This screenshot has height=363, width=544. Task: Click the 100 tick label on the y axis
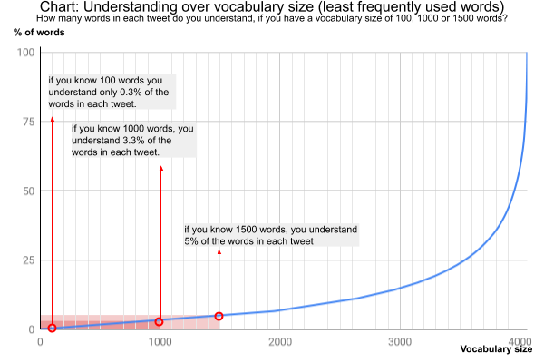25,53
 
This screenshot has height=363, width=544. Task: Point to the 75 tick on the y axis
28,122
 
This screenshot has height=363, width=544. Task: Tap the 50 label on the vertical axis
28,191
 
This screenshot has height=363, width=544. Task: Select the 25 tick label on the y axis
28,260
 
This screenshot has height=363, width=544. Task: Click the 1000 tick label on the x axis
160,342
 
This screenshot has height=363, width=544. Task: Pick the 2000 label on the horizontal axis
280,342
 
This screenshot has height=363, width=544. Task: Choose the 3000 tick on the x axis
400,342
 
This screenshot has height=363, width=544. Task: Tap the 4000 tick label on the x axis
520,342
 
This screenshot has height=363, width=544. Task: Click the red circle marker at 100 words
53,329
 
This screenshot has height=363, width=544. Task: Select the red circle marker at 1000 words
160,321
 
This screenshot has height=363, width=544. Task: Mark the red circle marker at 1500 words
219,316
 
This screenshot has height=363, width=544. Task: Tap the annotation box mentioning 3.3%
133,140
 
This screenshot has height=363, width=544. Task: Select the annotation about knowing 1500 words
271,235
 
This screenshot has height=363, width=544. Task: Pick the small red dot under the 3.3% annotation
161,168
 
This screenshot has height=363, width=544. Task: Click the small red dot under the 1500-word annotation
219,252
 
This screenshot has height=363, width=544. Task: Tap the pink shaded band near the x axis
127,322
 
